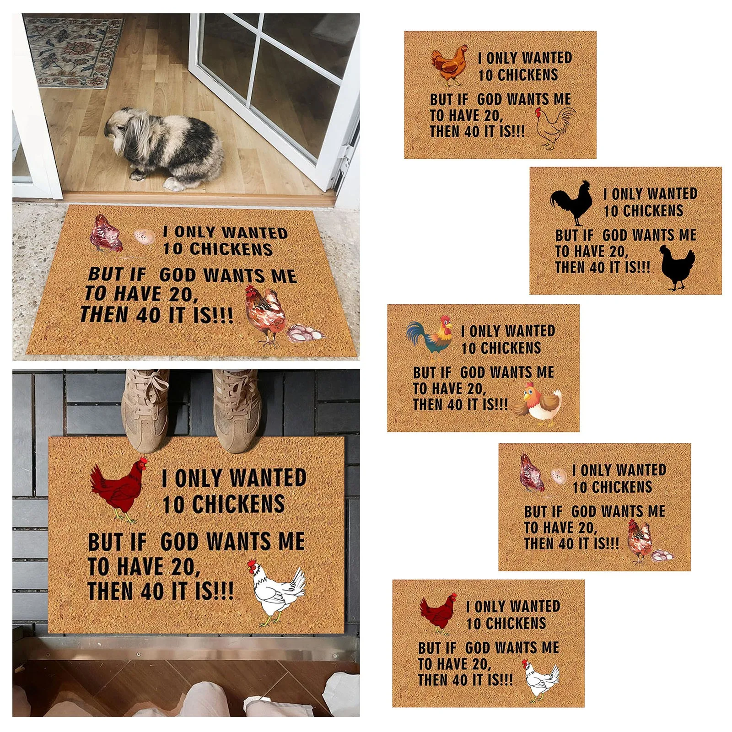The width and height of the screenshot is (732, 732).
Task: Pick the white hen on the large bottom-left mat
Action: point(277,592)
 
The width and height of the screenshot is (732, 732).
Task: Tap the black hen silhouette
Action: point(677,268)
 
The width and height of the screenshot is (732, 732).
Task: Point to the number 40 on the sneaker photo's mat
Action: point(150,590)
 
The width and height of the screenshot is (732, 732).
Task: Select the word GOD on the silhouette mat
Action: point(615,235)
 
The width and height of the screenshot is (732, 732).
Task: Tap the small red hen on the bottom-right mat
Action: point(439,614)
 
